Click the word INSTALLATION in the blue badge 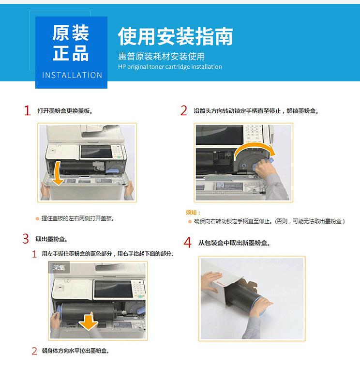tap(72, 75)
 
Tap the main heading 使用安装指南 tap(175, 36)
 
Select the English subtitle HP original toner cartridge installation tap(170, 67)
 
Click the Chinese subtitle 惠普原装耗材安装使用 tap(161, 56)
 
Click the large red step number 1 tap(28, 111)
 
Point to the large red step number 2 tap(183, 111)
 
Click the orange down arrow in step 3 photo tap(89, 321)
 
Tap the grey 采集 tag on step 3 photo tap(59, 267)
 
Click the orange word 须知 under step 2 tap(193, 212)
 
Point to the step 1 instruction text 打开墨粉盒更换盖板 tap(65, 111)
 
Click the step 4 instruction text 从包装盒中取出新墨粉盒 tap(234, 243)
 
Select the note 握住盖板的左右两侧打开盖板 tap(78, 219)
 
